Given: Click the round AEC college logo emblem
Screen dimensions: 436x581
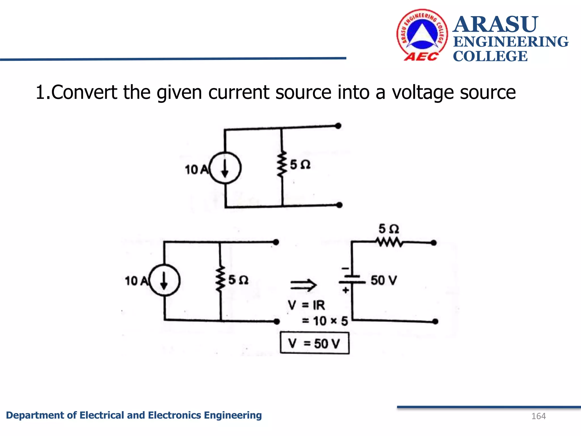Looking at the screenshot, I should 422,35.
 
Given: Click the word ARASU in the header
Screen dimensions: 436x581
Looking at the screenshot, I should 495,24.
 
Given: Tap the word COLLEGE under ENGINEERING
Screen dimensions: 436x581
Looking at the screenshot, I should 490,56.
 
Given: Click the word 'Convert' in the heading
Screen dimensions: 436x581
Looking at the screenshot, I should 84,93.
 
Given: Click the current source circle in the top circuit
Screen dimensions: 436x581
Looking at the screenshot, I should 225,168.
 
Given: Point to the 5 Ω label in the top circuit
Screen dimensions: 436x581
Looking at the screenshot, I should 300,165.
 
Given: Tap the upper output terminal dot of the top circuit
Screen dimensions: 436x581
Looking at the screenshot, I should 338,126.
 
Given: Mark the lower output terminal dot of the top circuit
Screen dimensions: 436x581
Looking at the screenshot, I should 339,205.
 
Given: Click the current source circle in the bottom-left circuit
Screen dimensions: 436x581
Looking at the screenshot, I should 164,280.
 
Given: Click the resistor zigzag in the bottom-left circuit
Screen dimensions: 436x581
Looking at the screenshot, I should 220,279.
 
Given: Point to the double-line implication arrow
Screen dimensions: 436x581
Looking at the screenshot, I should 303,285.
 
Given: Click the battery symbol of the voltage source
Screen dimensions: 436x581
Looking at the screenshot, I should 352,279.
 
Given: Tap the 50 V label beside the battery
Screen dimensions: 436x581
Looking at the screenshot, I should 384,280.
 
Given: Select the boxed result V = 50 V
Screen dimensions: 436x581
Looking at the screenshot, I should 314,343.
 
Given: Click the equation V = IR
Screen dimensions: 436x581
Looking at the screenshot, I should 306,305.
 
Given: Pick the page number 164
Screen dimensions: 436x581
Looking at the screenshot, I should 538,416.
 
